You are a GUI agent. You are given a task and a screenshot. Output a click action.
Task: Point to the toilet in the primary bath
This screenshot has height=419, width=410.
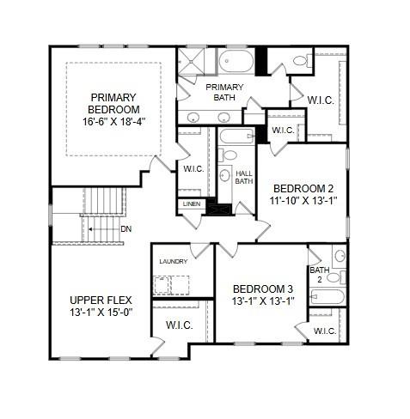pyautogui.click(x=300, y=61)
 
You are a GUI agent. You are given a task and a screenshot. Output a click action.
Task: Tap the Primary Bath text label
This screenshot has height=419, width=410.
pyautogui.click(x=224, y=92)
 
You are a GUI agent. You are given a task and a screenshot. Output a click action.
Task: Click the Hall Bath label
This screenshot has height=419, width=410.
pyautogui.click(x=243, y=177)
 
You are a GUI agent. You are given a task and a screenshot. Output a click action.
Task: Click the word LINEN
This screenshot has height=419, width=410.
pyautogui.click(x=191, y=204)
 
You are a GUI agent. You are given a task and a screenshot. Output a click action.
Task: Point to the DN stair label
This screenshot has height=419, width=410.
pyautogui.click(x=125, y=228)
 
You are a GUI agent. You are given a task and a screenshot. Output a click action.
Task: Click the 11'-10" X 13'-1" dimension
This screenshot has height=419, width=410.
pyautogui.click(x=303, y=202)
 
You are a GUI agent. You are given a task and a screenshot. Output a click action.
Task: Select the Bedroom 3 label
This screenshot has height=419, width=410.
pyautogui.click(x=263, y=288)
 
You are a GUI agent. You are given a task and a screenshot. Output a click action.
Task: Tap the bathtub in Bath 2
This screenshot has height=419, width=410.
pyautogui.click(x=326, y=298)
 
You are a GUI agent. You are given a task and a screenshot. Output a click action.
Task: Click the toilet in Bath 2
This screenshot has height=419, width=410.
pyautogui.click(x=339, y=256)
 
